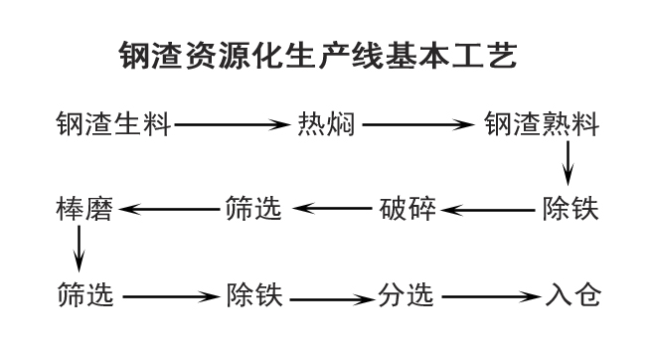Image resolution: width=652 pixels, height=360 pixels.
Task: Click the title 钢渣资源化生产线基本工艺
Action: [317, 55]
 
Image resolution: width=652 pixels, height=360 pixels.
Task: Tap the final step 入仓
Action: [574, 295]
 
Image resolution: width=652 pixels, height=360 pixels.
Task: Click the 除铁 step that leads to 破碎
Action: [570, 210]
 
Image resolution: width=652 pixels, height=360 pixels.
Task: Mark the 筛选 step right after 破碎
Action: [249, 210]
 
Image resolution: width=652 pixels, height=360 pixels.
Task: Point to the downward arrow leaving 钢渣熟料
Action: [569, 163]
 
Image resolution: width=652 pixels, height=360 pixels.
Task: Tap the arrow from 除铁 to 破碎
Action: [486, 210]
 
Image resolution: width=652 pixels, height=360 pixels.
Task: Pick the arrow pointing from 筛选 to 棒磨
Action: [167, 210]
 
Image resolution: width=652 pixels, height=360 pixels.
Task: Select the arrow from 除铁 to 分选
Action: [331, 296]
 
